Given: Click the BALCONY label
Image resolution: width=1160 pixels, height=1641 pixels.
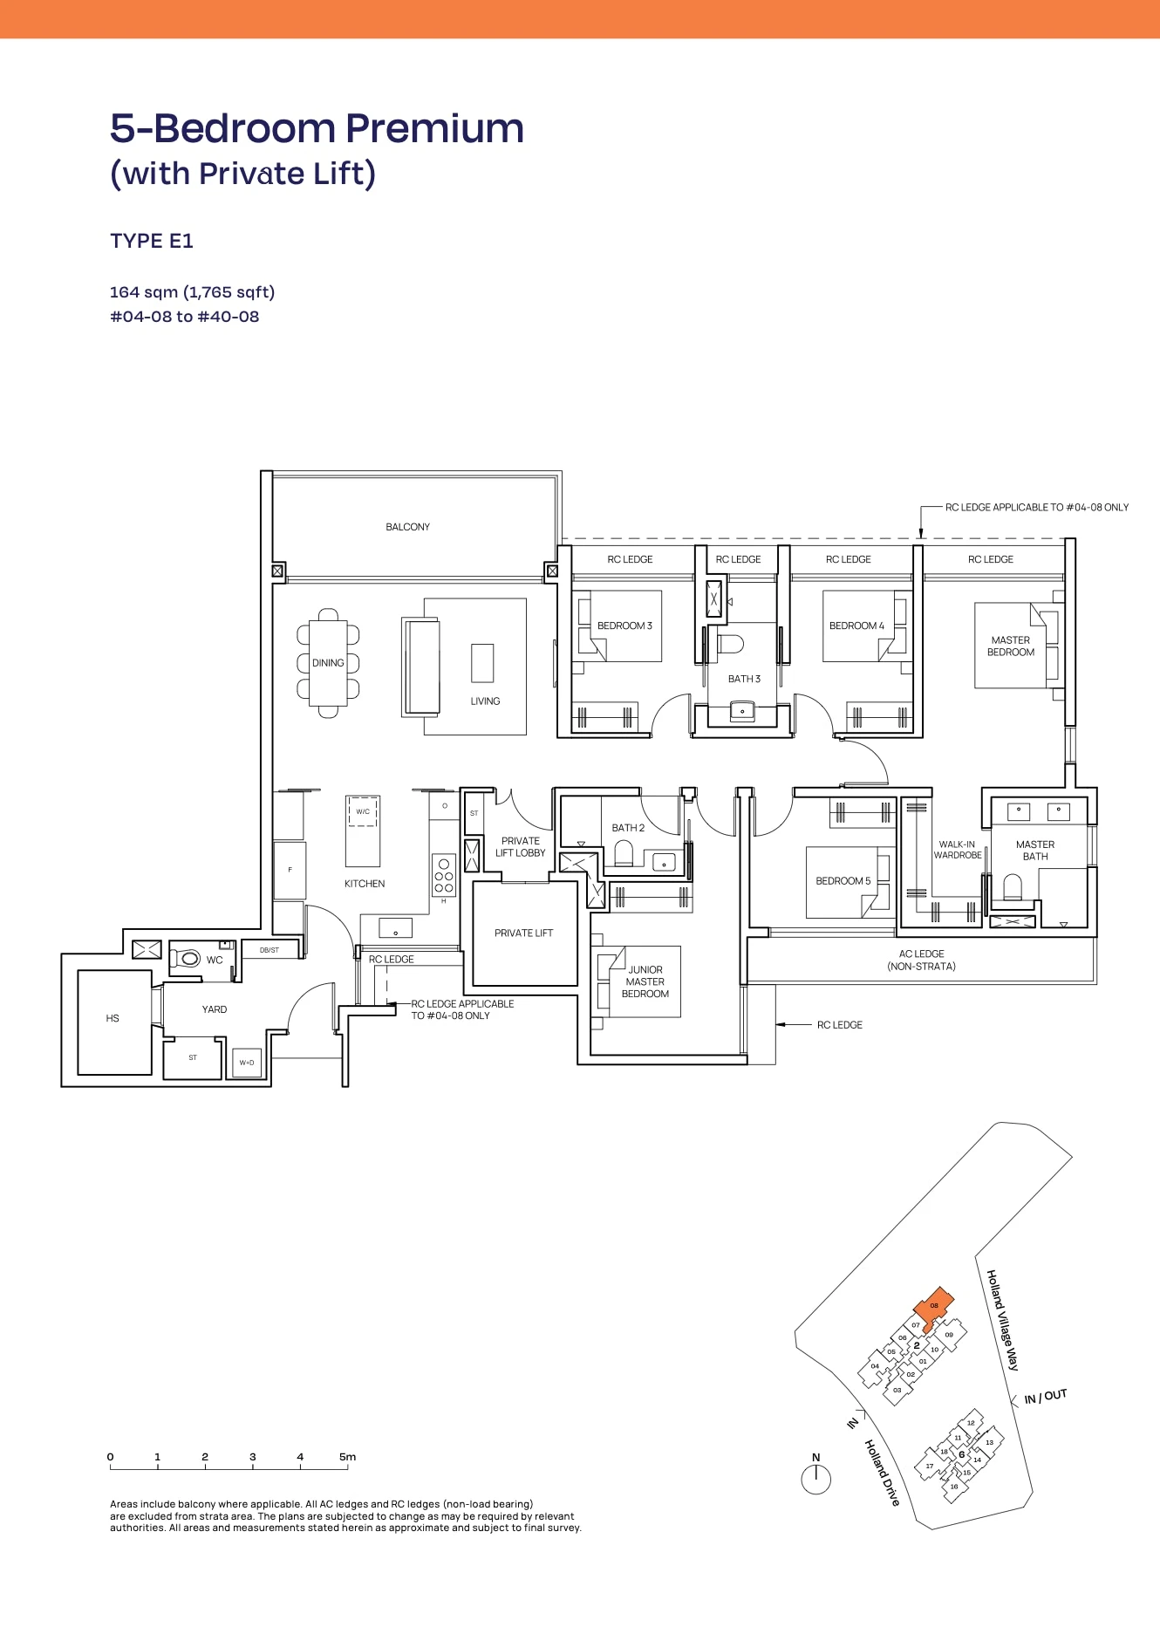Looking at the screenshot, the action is click(407, 527).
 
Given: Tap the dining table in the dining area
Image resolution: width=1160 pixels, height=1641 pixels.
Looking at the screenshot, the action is click(328, 663).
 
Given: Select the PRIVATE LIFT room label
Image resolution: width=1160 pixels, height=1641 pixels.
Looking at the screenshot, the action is click(523, 933).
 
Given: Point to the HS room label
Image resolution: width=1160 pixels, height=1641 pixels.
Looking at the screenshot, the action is click(113, 1018).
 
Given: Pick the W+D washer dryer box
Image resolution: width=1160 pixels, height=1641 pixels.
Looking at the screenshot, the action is click(248, 1063).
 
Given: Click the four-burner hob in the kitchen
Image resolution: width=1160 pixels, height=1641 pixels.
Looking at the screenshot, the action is click(444, 875).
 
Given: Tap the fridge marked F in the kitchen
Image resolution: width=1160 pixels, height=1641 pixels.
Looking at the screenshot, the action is click(290, 871).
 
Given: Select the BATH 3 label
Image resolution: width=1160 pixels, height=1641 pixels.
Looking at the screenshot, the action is click(744, 679).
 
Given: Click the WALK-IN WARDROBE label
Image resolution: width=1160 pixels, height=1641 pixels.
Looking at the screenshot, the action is click(958, 850).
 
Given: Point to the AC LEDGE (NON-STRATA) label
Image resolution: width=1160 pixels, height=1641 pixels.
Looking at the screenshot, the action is click(921, 961).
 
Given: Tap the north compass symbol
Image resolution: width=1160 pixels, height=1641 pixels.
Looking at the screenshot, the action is click(815, 1479).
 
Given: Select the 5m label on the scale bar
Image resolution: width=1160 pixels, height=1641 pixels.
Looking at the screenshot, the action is click(347, 1457).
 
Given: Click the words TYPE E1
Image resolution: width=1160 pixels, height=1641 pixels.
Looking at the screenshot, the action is click(152, 241).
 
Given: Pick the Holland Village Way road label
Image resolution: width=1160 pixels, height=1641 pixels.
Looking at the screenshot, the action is click(1002, 1320).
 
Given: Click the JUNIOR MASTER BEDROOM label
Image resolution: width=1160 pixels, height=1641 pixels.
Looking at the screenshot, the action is click(645, 981).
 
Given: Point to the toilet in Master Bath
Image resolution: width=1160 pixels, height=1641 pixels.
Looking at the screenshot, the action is click(1012, 887).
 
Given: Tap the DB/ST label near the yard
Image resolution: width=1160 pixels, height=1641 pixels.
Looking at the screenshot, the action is click(270, 950).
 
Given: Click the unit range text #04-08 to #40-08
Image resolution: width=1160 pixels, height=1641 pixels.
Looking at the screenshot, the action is click(185, 317).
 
